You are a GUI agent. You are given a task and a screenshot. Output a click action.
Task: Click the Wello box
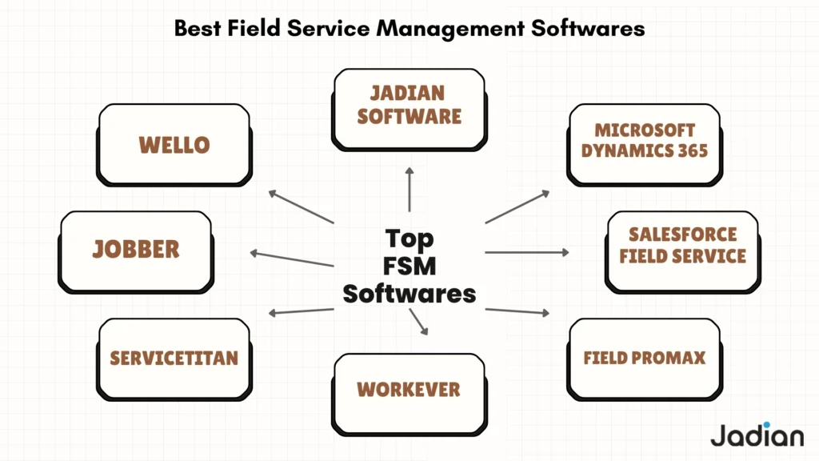tap(174, 145)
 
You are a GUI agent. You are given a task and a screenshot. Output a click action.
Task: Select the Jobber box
tap(136, 249)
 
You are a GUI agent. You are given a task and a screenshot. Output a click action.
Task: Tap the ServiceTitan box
tap(174, 357)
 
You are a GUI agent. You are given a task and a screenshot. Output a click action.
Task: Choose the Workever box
tap(409, 390)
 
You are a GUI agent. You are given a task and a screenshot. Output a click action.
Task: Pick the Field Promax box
tap(644, 357)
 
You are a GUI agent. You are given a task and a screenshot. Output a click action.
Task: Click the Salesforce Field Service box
tap(682, 246)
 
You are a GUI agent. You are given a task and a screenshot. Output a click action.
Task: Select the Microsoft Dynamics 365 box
tap(644, 141)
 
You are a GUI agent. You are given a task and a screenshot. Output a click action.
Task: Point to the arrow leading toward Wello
tap(301, 206)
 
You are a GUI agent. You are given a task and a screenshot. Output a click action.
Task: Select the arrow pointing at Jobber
tap(291, 259)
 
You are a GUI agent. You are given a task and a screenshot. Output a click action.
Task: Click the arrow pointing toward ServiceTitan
tap(301, 311)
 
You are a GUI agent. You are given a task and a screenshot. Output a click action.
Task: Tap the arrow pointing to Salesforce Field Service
tap(527, 252)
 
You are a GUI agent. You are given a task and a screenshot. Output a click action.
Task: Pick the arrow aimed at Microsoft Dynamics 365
tap(517, 206)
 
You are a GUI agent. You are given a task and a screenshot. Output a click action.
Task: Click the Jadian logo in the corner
tap(757, 435)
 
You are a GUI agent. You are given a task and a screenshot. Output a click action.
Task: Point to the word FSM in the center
tap(409, 266)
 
